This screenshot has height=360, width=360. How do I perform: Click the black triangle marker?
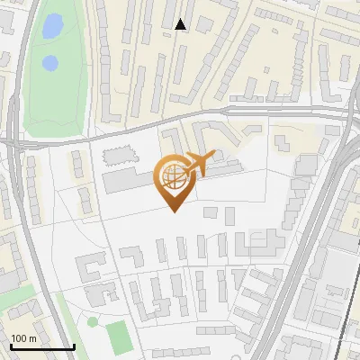tap(181, 24)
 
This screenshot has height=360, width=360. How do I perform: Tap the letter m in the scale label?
tap(31, 337)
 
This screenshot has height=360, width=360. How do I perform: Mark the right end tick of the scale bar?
tap(73, 346)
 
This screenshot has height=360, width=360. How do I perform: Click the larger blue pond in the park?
tap(52, 26)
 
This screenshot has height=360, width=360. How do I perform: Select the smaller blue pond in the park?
tap(50, 63)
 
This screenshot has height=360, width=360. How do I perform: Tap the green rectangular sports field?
tap(119, 337)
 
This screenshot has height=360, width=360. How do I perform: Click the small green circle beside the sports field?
tap(93, 321)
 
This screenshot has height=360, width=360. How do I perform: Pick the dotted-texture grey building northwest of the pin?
tap(114, 157)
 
